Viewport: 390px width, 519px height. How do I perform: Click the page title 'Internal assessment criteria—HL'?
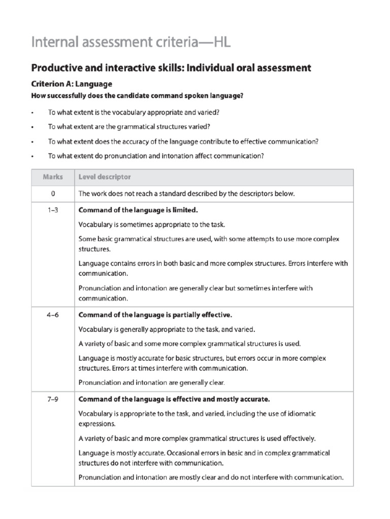[131, 42]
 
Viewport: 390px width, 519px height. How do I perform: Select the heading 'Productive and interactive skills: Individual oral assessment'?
[171, 67]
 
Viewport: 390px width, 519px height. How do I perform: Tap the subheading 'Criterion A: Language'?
[72, 84]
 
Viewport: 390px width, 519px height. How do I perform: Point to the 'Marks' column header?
[53, 177]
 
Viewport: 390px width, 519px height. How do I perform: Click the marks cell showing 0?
[53, 194]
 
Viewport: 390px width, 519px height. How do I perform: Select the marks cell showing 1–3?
[53, 210]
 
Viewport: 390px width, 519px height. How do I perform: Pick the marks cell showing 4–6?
[53, 314]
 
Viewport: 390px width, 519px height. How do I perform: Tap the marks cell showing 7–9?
[53, 398]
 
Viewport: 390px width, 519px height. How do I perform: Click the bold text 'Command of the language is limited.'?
[138, 210]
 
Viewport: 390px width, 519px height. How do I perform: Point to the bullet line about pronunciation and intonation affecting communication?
[156, 157]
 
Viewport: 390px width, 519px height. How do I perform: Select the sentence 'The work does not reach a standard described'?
[186, 194]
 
